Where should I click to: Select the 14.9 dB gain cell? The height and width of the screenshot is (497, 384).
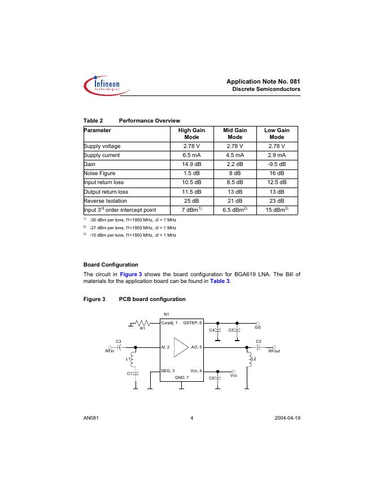pos(191,164)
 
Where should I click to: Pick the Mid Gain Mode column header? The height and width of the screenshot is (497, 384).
pos(234,133)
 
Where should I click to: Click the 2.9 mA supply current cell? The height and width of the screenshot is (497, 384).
pos(277,155)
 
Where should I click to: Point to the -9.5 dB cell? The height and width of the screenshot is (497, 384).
pos(277,164)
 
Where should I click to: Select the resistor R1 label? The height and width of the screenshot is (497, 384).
pos(143,329)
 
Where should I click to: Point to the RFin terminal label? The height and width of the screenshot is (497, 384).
pos(110,351)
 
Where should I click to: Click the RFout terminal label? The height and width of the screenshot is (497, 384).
pos(274,351)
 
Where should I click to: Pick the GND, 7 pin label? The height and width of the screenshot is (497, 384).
pos(182,376)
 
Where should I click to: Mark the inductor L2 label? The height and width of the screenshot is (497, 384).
pos(254,359)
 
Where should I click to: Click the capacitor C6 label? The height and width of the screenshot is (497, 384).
pos(212,377)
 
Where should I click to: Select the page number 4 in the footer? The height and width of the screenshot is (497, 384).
pos(192,418)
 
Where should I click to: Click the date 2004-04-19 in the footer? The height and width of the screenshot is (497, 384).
pos(287,418)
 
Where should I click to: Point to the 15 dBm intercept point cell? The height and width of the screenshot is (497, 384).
pos(277,210)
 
